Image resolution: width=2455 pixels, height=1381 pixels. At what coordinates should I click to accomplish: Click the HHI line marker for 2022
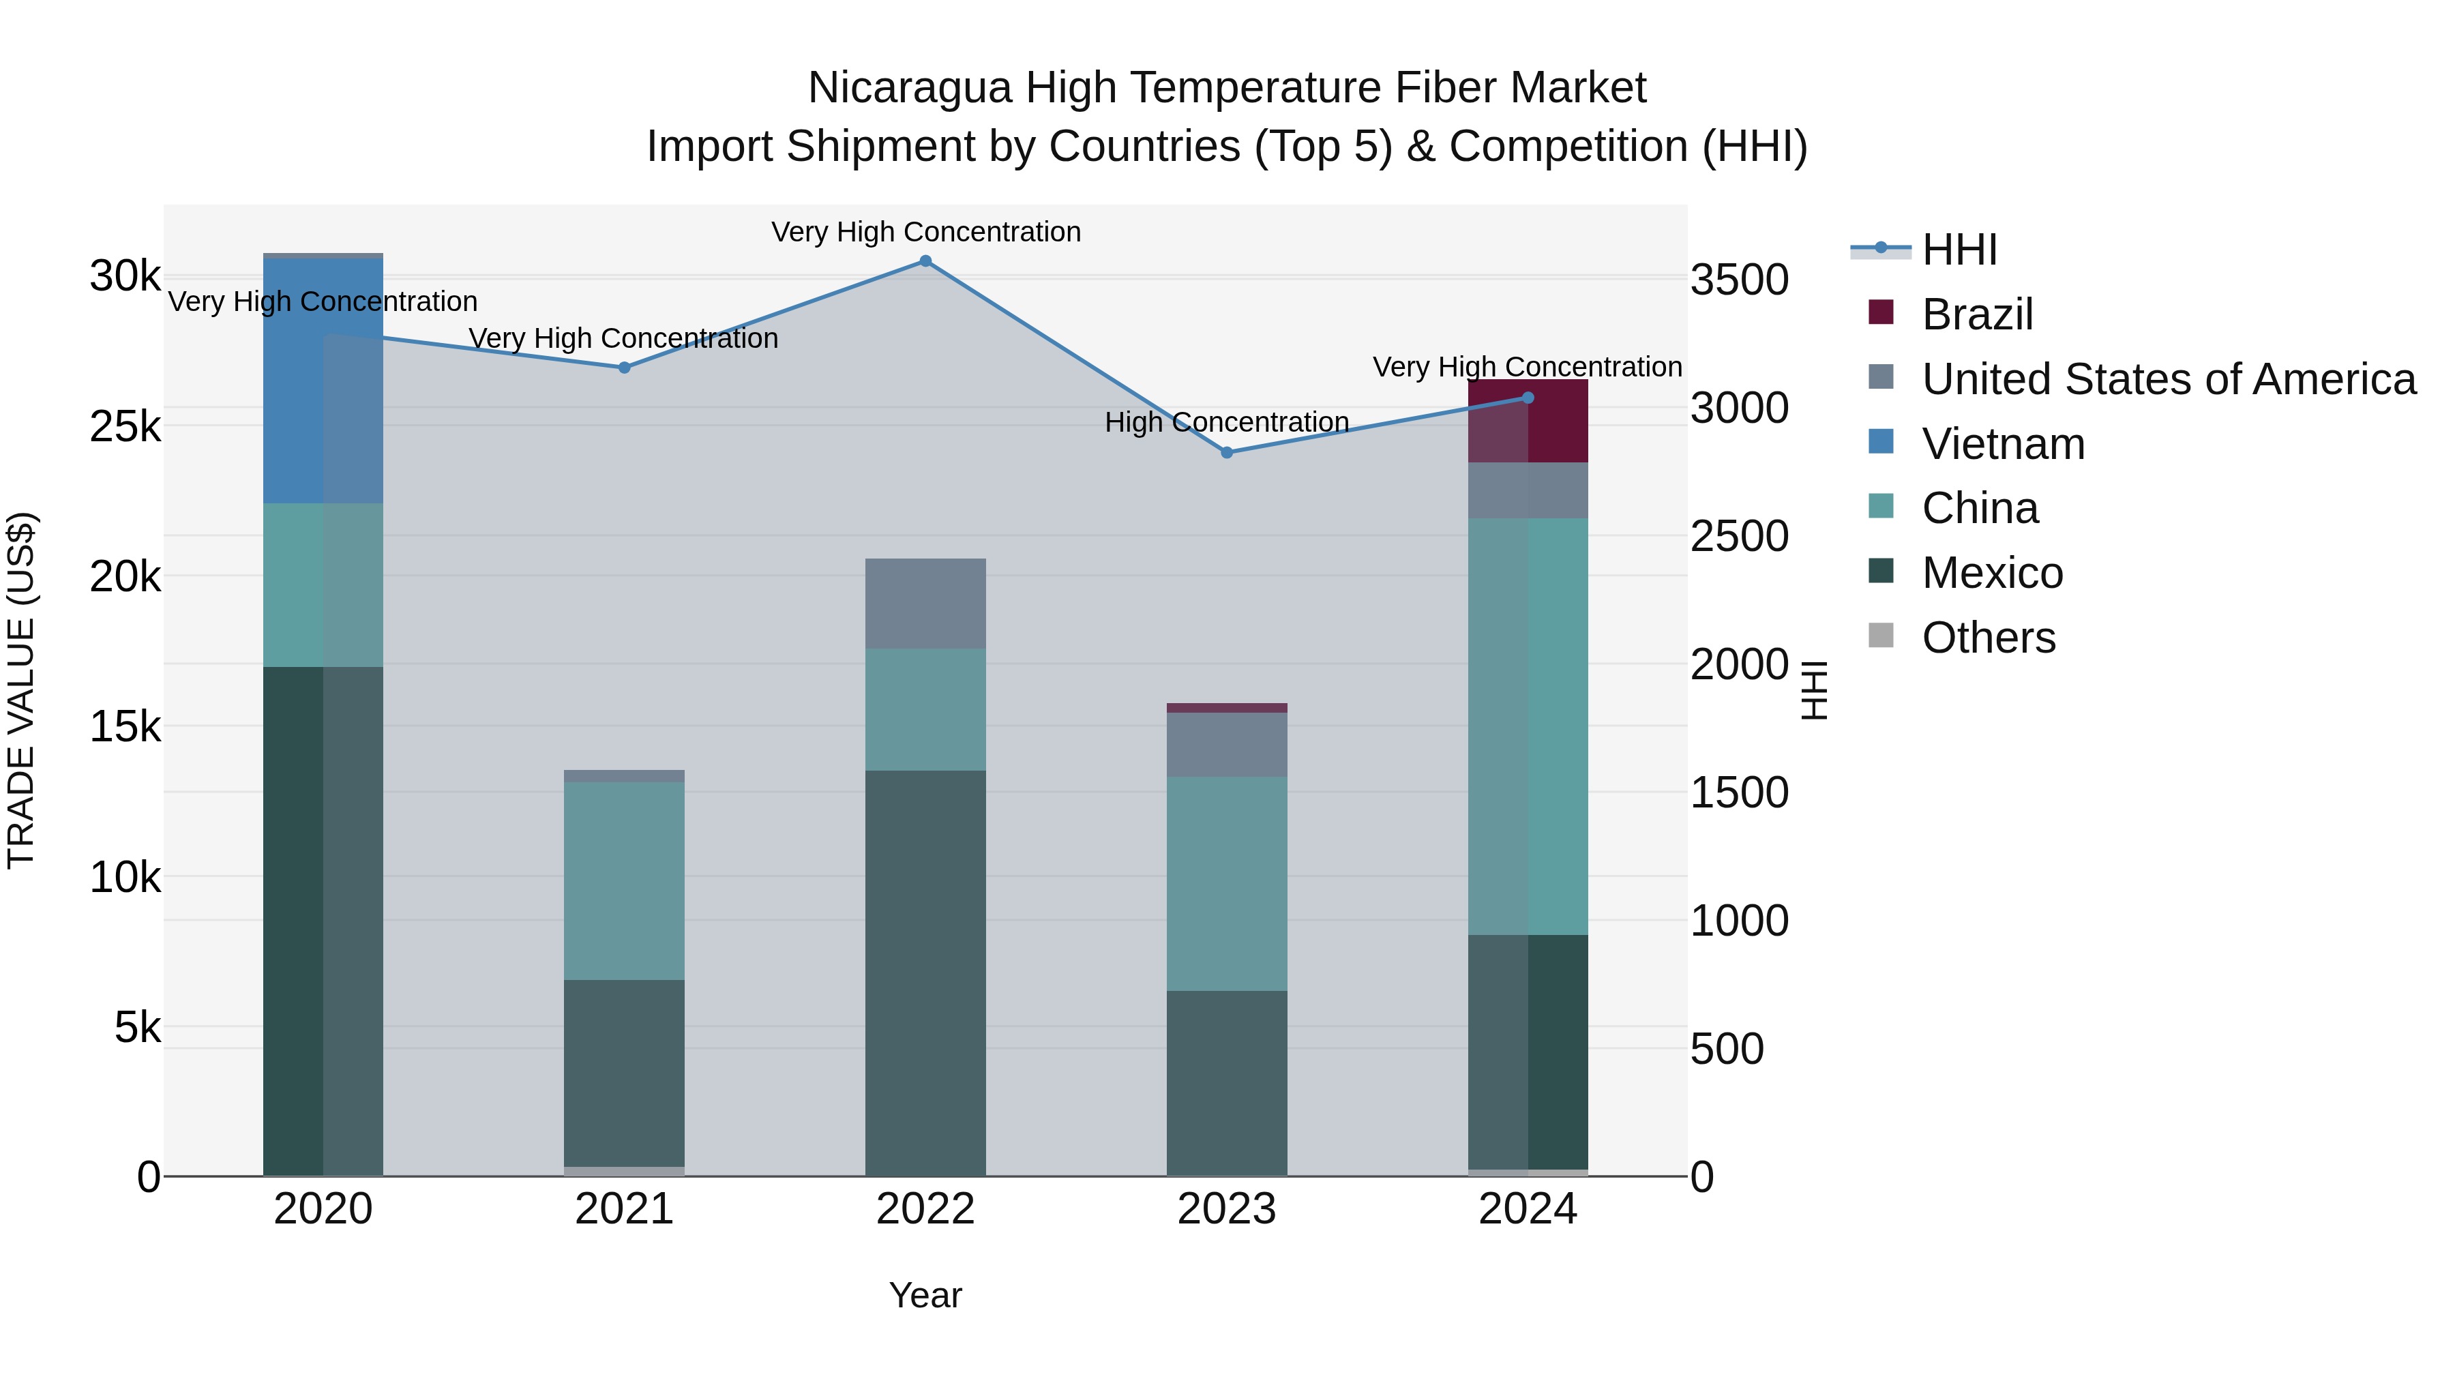(925, 261)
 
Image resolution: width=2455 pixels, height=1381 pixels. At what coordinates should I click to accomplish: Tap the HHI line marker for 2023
(1227, 453)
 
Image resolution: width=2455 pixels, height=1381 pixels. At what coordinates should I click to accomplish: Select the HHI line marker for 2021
(624, 367)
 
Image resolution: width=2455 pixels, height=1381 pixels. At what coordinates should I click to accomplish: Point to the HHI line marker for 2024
(1528, 398)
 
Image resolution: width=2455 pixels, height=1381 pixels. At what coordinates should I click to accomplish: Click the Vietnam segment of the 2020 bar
(323, 381)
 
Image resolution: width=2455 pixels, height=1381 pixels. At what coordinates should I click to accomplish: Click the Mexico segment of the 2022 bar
(925, 972)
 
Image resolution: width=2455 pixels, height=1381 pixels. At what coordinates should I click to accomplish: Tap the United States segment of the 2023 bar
(1227, 744)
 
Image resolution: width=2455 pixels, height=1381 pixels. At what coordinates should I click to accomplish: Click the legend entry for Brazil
(1978, 314)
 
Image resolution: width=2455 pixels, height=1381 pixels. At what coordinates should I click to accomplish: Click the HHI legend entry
(1959, 250)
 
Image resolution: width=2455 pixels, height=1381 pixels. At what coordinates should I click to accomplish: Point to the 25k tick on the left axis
(125, 427)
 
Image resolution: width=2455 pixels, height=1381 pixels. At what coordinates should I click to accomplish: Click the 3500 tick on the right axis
(1739, 280)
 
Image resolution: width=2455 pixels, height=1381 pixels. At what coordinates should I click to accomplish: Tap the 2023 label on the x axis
(1227, 1209)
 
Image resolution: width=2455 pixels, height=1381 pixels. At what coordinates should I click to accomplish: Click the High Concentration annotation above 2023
(1227, 422)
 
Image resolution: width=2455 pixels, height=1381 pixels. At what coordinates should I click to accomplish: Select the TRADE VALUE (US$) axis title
(21, 690)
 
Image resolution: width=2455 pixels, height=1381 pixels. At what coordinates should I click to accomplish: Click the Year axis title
(925, 1295)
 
